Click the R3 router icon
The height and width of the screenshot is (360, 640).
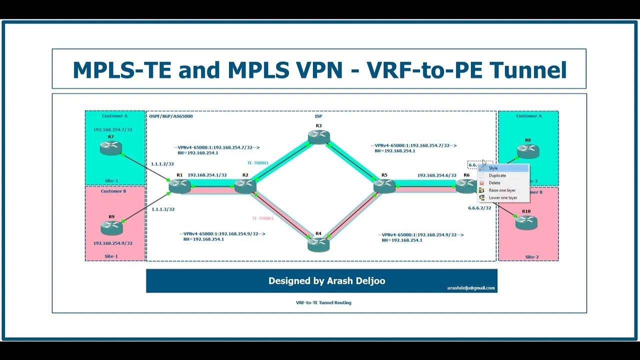click(318, 136)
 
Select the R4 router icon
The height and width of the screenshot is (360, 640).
click(318, 244)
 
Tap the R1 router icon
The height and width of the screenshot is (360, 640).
click(179, 186)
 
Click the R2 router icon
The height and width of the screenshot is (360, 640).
click(245, 186)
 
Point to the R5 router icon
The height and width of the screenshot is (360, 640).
click(384, 186)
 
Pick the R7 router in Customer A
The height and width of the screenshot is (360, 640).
click(110, 147)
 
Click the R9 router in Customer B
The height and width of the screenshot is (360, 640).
click(111, 227)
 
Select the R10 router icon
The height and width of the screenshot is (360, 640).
click(526, 222)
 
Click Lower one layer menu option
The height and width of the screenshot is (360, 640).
click(503, 198)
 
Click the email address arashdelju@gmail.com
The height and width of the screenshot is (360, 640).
click(470, 288)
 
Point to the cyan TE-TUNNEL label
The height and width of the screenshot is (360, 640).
click(258, 163)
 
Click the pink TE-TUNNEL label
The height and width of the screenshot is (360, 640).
click(262, 218)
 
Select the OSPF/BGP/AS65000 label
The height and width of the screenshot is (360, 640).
click(171, 116)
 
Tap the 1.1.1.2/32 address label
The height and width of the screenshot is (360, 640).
click(162, 164)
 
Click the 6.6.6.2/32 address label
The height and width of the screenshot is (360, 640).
click(479, 207)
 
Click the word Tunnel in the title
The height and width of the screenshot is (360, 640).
click(528, 70)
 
